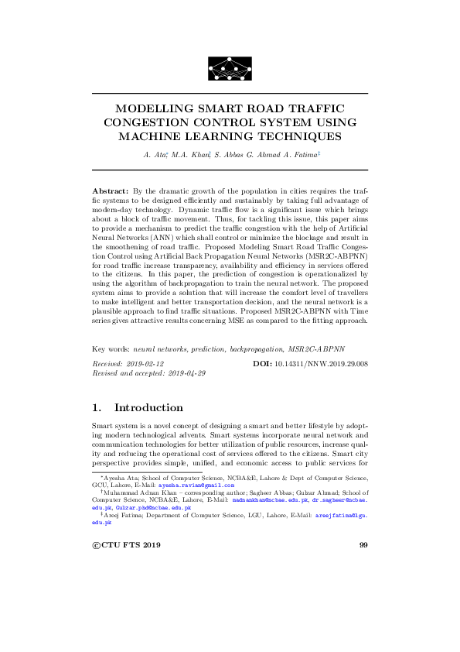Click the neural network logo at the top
point(230,68)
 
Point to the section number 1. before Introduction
point(97,407)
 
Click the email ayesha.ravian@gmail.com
point(196,486)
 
